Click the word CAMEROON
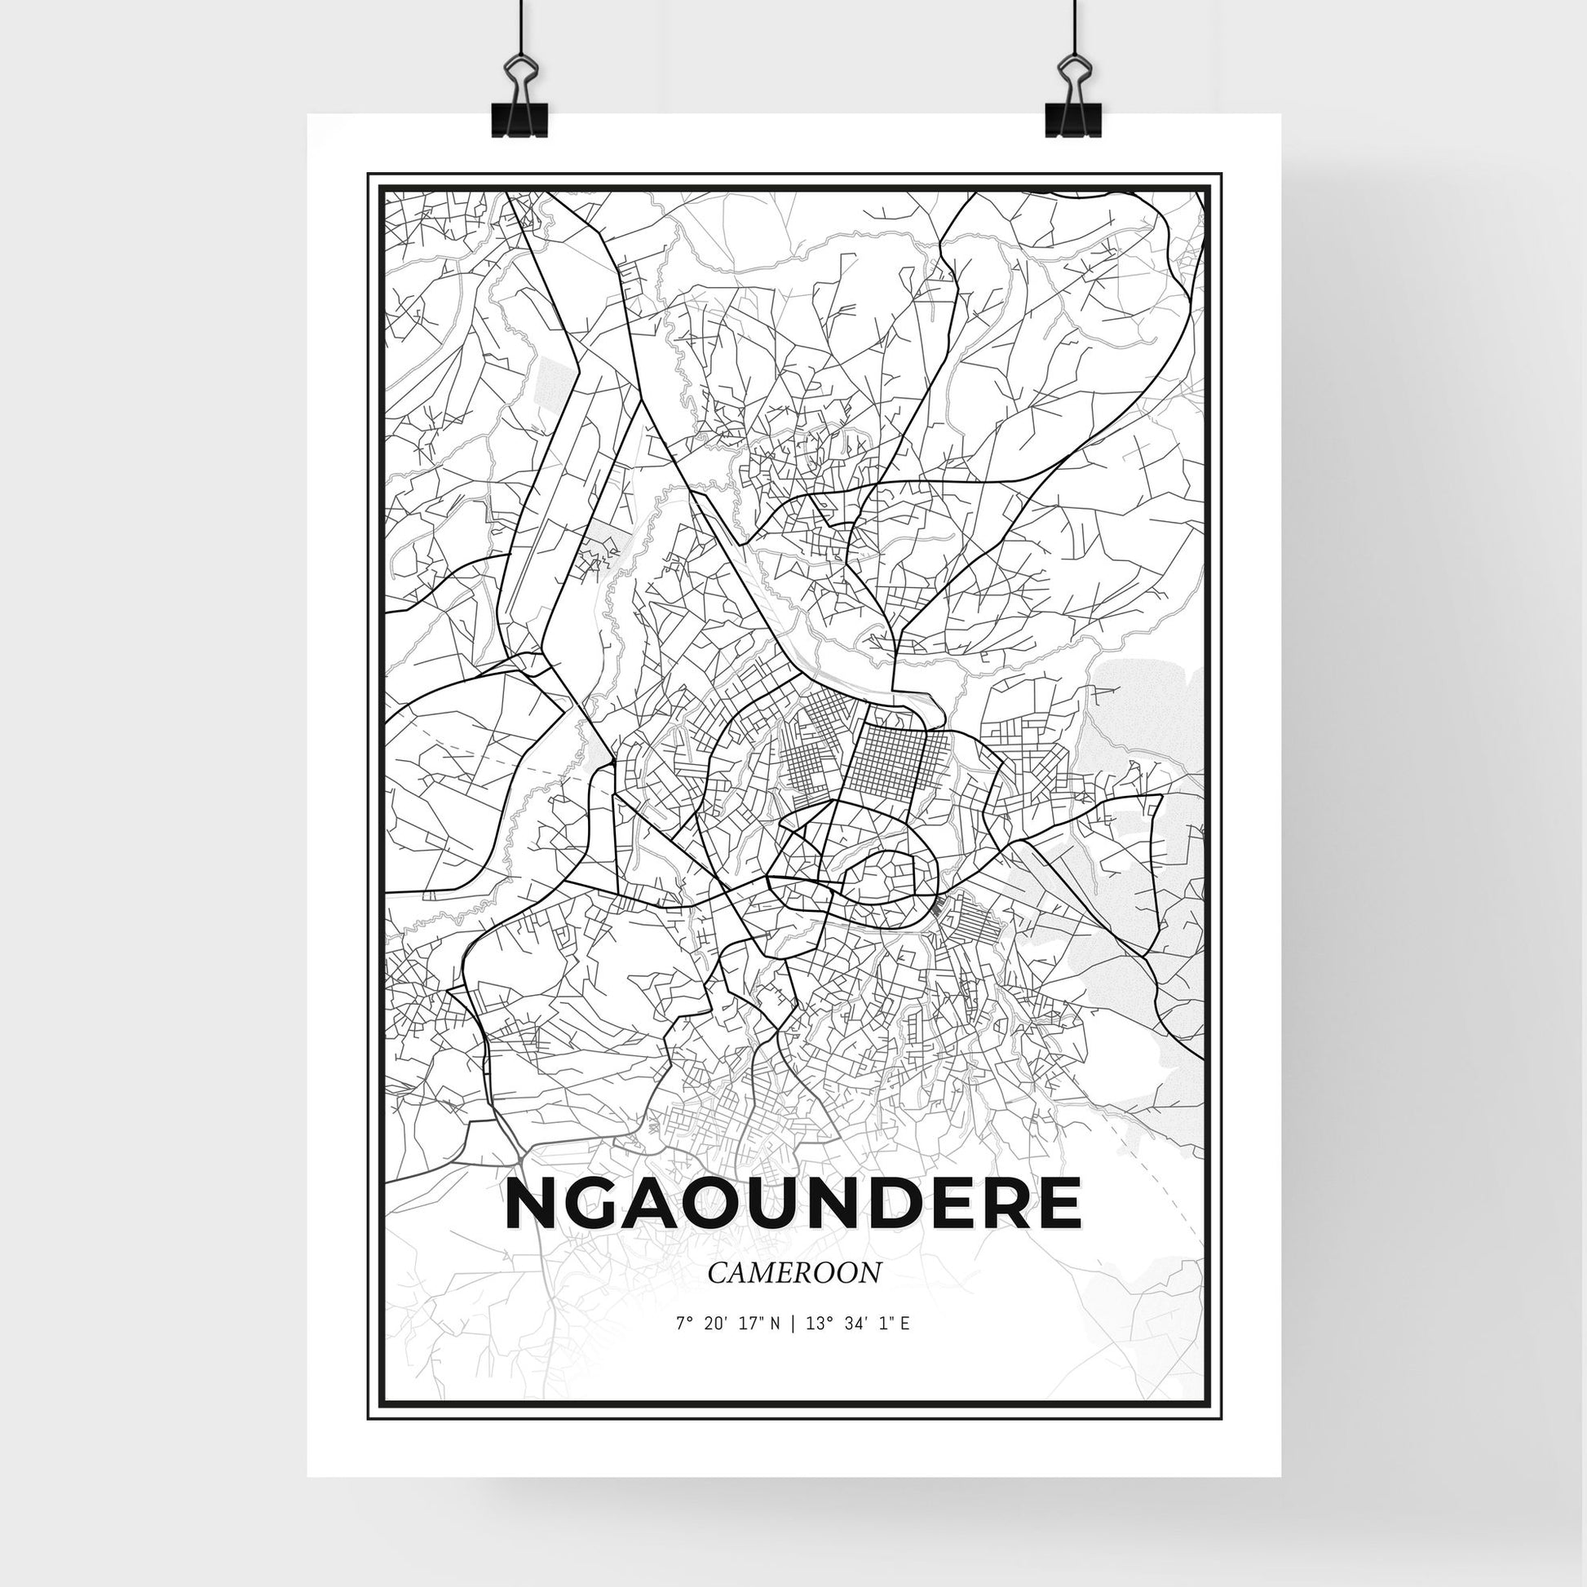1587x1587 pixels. tap(793, 1295)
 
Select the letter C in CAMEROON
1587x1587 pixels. tap(716, 1296)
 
